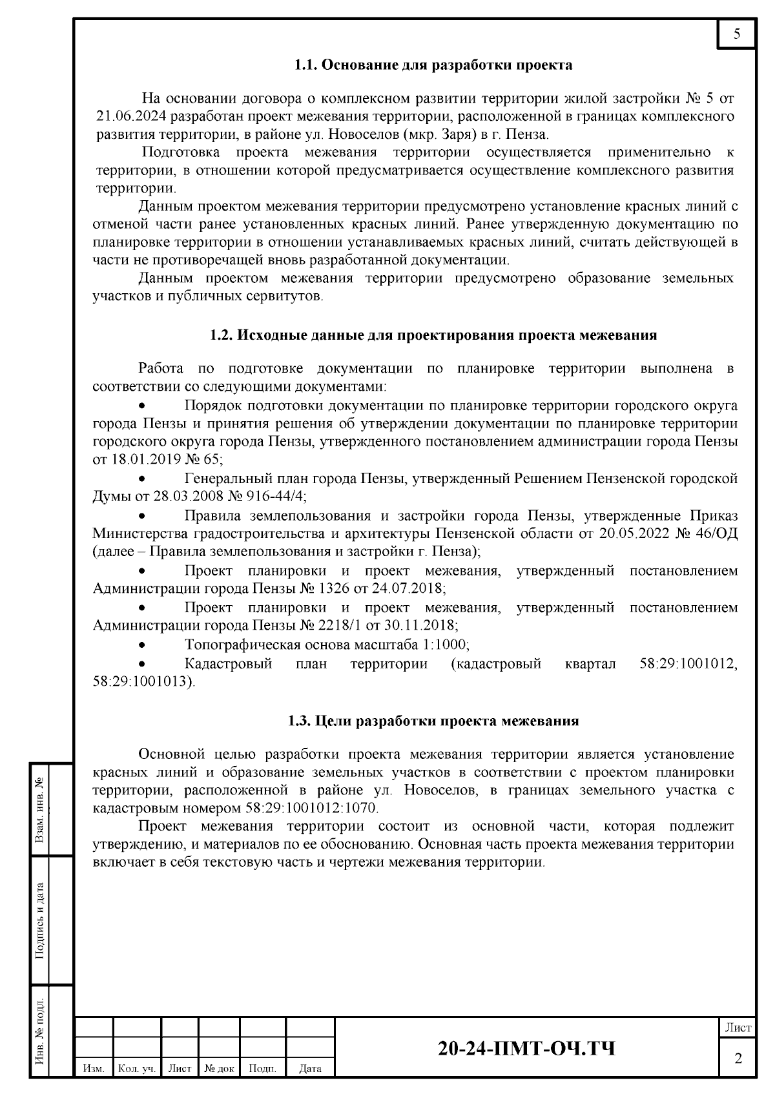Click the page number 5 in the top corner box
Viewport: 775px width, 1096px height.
pos(737,34)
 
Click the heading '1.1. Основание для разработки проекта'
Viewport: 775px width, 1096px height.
pos(433,65)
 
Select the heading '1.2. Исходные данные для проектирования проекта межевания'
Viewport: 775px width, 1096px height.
pos(433,335)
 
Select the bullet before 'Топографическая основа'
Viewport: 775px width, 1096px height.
pos(142,645)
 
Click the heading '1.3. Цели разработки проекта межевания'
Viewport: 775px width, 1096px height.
pos(433,721)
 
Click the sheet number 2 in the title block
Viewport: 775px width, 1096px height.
pos(738,1059)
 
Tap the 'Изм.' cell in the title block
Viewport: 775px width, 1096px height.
pos(94,1069)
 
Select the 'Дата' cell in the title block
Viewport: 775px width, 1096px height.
pos(311,1069)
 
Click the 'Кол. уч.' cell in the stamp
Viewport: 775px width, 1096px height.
pos(137,1069)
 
